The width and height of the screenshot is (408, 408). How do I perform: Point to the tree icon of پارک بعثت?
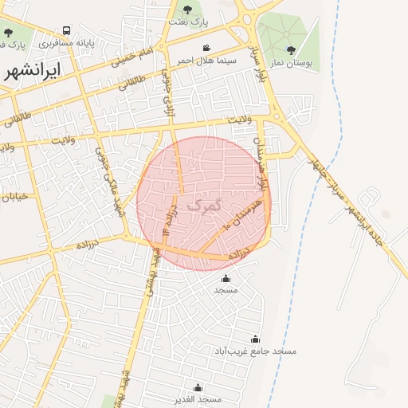[187, 10]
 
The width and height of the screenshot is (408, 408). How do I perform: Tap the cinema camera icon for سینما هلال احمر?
[207, 48]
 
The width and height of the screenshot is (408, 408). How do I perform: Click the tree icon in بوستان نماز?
[291, 49]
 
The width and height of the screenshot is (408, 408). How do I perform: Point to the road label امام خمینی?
[130, 55]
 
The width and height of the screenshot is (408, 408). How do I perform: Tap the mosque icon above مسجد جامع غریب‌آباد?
[255, 339]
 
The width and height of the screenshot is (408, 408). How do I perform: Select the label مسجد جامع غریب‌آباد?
[255, 351]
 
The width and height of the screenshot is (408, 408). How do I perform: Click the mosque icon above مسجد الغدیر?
[198, 387]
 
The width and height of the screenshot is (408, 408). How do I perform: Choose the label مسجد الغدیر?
[198, 398]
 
